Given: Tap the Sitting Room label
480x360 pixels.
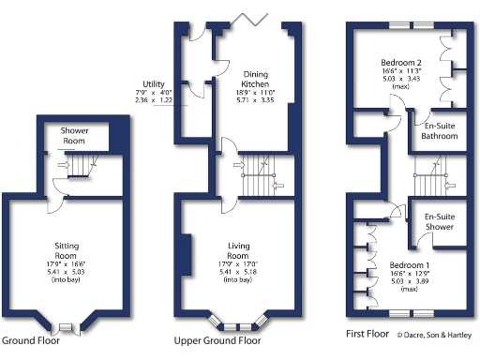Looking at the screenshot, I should pyautogui.click(x=65, y=251).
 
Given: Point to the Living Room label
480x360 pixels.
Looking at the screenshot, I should pyautogui.click(x=238, y=250).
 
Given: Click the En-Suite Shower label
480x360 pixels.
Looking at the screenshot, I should pyautogui.click(x=441, y=221).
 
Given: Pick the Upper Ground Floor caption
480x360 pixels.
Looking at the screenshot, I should pyautogui.click(x=217, y=341).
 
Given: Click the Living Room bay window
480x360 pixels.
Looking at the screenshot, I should pyautogui.click(x=238, y=322).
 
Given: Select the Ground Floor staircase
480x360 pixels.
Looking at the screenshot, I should pyautogui.click(x=82, y=168).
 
